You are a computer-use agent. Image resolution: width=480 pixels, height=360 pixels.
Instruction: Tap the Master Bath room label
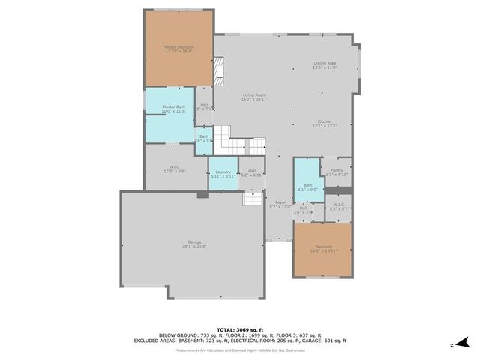[174, 107]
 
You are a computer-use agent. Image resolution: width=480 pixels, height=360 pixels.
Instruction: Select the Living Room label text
[254, 95]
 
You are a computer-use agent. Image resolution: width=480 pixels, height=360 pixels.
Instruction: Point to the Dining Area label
[325, 63]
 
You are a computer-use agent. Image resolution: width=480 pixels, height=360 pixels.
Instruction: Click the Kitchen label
[325, 121]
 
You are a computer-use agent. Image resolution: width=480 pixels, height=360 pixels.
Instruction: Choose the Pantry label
[336, 170]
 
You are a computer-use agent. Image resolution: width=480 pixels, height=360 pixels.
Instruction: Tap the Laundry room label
[223, 172]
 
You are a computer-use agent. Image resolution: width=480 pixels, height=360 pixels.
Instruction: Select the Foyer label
[280, 202]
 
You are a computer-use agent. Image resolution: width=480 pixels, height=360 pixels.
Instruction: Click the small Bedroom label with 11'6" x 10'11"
[322, 247]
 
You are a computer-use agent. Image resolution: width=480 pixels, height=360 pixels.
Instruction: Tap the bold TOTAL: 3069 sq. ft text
[240, 329]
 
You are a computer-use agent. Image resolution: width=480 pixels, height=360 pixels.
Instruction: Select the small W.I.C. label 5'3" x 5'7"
[338, 205]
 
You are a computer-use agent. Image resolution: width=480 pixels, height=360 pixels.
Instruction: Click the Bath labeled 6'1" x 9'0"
[307, 185]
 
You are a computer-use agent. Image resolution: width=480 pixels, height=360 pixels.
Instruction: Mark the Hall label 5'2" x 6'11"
[252, 171]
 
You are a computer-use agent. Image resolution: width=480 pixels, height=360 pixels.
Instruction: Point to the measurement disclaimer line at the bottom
[240, 350]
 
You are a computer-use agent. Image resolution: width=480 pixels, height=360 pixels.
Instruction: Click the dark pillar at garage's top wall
[202, 194]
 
